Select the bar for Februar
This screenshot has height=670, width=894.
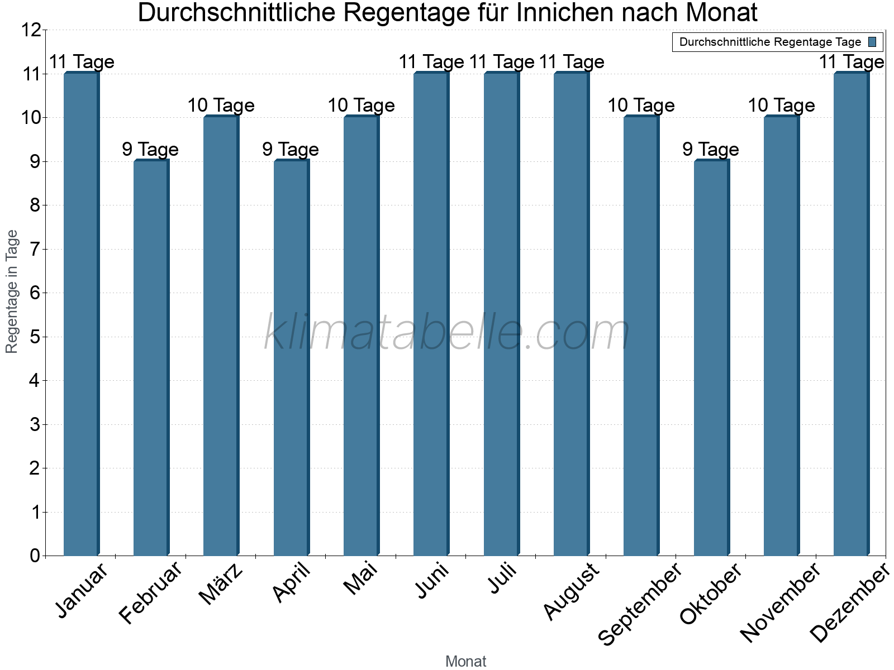tap(151, 357)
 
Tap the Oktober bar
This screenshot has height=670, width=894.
tap(711, 357)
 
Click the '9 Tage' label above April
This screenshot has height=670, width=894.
tap(291, 149)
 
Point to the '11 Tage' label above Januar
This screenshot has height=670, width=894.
tap(82, 62)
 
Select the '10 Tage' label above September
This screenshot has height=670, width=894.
tap(641, 105)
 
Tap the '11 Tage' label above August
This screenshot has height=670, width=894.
tap(572, 62)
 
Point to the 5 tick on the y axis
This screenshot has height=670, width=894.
tap(35, 337)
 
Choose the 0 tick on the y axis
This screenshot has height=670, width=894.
tap(35, 556)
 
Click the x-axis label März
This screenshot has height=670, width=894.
tap(221, 584)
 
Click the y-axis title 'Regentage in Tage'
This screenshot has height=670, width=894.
tap(12, 291)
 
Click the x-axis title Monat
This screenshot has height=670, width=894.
tap(465, 661)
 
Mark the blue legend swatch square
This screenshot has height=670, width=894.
tap(873, 42)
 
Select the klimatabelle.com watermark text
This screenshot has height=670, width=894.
tap(447, 333)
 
